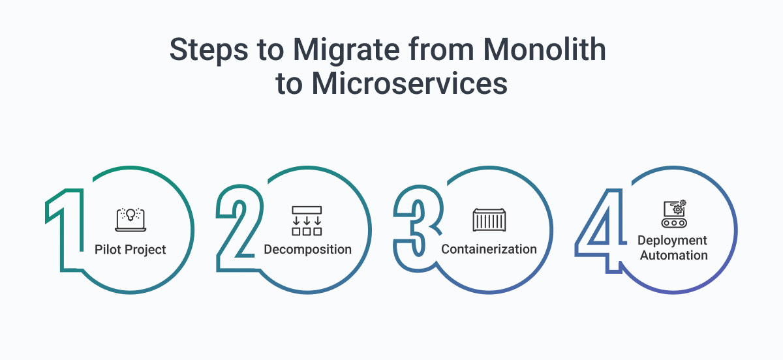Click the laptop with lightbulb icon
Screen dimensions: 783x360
(130, 220)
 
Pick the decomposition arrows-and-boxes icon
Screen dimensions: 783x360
(307, 221)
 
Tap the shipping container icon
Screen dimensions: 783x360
(489, 220)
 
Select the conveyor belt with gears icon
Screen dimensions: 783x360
(674, 213)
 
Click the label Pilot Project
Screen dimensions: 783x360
(130, 250)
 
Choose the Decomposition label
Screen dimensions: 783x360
(307, 250)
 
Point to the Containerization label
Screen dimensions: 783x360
(489, 249)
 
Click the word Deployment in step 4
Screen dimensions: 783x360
(672, 241)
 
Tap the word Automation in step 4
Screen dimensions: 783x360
(673, 256)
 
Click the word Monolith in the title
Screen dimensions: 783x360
(544, 50)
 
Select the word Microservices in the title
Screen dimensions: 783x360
(409, 83)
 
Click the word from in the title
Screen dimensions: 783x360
(441, 50)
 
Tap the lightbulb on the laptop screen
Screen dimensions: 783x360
(130, 215)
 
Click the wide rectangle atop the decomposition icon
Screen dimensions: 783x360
(307, 210)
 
